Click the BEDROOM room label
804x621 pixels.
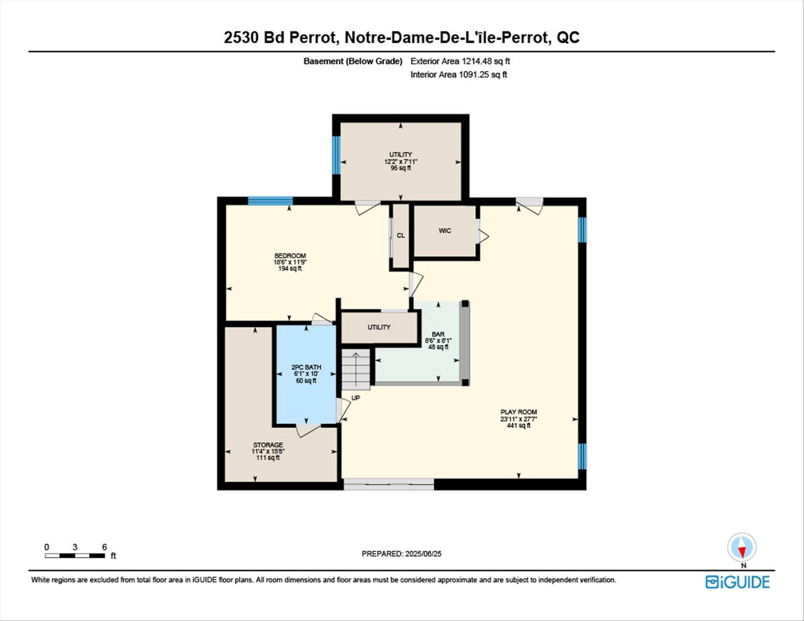(290, 256)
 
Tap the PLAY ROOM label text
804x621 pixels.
(518, 412)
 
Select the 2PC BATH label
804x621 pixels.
(306, 367)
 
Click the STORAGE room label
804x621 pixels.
(268, 445)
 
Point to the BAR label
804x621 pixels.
(438, 334)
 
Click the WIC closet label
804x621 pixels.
(445, 231)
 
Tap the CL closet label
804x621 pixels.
(401, 235)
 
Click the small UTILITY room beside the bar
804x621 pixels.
(379, 327)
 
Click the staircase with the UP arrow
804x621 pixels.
(356, 369)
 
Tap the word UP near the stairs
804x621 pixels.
(356, 398)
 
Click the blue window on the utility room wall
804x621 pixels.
(336, 155)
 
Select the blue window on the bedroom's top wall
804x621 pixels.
(270, 201)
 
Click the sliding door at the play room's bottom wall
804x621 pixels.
(389, 484)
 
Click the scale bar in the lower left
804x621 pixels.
(75, 556)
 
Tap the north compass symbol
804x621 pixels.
(742, 548)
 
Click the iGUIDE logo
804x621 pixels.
(737, 582)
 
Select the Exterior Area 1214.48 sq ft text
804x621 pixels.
(460, 61)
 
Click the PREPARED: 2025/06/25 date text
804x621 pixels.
(401, 554)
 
